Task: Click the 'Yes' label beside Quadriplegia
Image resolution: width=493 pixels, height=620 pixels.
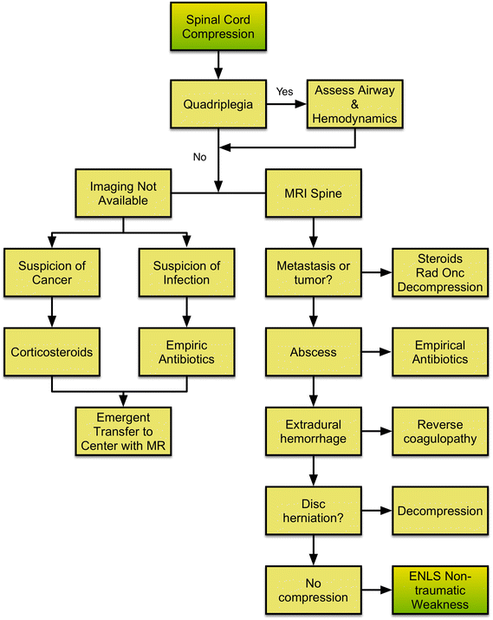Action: [284, 91]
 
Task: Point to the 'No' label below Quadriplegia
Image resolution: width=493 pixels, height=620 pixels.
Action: [198, 157]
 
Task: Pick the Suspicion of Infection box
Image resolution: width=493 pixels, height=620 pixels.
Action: [185, 271]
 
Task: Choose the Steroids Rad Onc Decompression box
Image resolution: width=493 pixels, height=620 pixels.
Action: [440, 271]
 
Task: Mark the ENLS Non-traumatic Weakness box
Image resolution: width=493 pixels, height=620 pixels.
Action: [440, 590]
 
